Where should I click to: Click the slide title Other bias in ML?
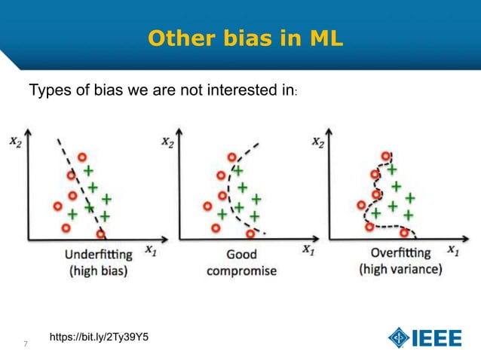coord(245,37)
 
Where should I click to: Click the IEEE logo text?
coord(437,338)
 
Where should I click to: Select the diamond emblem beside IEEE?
coord(399,338)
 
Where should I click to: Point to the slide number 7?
coord(26,345)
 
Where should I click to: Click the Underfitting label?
coord(98,254)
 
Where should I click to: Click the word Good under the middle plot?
coord(241,254)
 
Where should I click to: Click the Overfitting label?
coord(400,252)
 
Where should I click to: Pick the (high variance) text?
coord(400,269)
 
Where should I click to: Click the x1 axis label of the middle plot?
coord(309,249)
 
